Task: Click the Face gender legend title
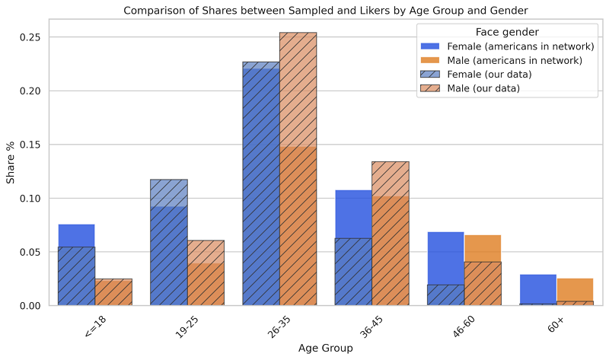(x=507, y=32)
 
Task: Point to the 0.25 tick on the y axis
(x=36, y=37)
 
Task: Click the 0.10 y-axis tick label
(x=36, y=199)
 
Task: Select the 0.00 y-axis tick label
(x=36, y=306)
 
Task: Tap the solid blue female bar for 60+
(x=538, y=290)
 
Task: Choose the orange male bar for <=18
(x=113, y=292)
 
